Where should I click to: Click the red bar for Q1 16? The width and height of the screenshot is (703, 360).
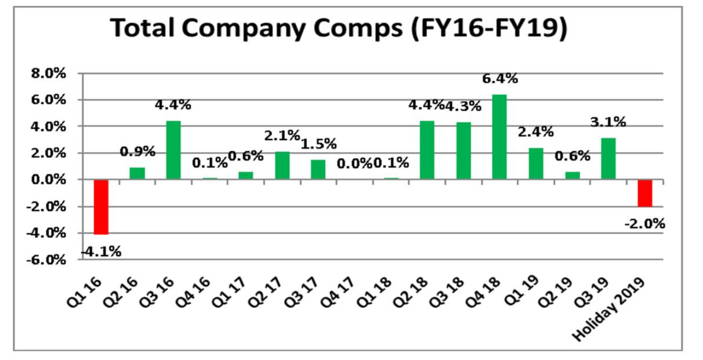point(101,207)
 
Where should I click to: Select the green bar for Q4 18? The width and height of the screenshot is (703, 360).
point(499,137)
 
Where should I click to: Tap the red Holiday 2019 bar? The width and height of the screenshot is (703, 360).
point(644,193)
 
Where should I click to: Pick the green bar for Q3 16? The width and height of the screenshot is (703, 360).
point(174,150)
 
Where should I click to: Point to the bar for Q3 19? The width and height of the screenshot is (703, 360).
point(608,158)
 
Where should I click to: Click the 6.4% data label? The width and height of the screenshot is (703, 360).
point(500,79)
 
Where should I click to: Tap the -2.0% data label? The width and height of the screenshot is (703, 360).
point(644,224)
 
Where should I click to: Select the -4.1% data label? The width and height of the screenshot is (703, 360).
point(101,251)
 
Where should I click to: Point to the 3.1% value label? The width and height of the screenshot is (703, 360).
point(608,122)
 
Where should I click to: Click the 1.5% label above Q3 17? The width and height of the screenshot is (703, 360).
point(319,144)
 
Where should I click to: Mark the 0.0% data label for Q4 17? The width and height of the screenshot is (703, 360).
point(354,163)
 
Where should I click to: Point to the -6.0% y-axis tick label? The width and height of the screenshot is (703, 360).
point(47,260)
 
